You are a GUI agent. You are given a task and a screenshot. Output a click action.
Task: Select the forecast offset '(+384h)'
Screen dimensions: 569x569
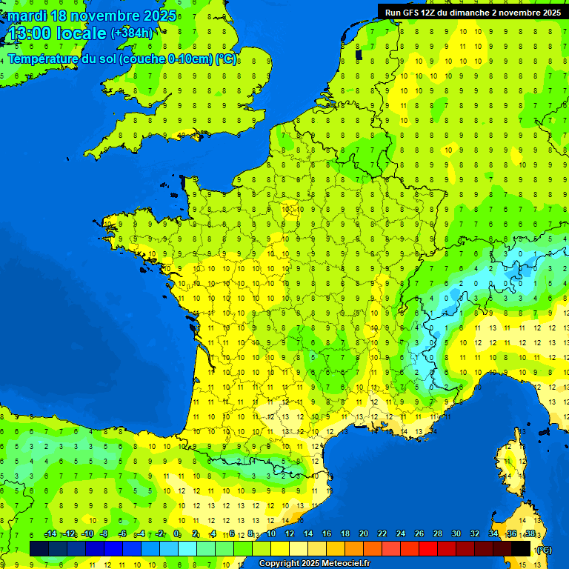point(132,33)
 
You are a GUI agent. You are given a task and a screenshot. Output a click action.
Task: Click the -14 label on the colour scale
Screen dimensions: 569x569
point(51,534)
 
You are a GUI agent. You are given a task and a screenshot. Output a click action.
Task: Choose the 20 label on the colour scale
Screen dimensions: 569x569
point(363,534)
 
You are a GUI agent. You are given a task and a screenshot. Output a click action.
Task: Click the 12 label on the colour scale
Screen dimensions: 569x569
point(290,534)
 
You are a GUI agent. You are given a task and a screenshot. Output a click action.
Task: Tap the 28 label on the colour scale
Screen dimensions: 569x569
point(437,534)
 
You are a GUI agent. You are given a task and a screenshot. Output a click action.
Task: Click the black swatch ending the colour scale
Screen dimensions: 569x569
point(521,548)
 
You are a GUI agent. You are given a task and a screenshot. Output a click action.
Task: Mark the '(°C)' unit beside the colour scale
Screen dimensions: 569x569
point(544,549)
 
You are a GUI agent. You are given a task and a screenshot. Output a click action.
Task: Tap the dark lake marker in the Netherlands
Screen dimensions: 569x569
point(359,53)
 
